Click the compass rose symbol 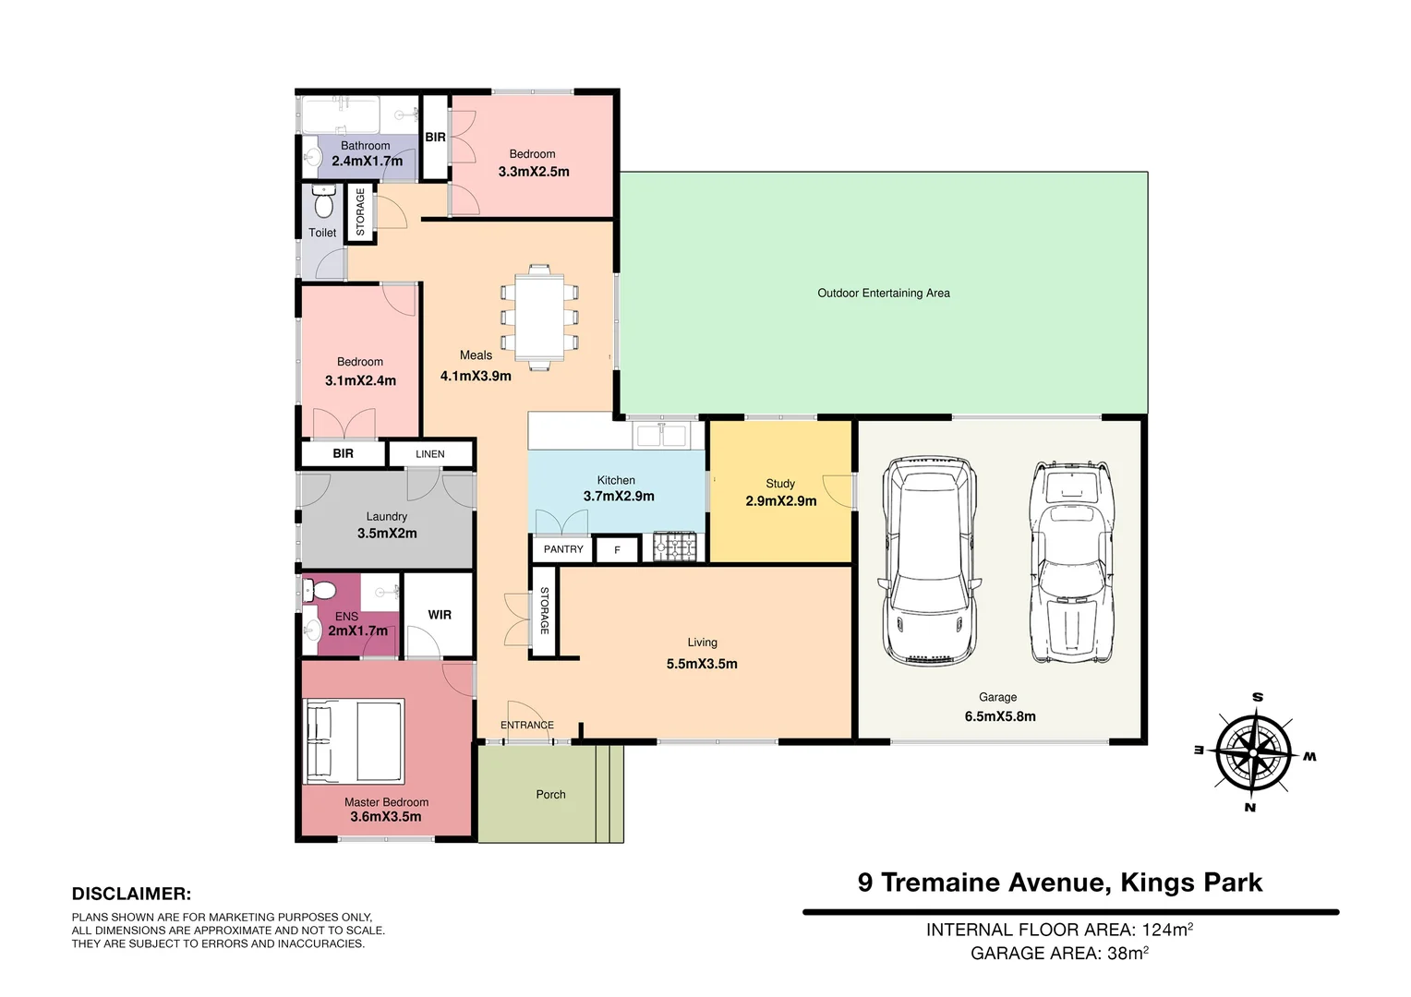click(x=1254, y=752)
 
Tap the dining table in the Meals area click(x=539, y=317)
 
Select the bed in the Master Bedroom click(x=356, y=741)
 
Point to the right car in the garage click(x=1071, y=560)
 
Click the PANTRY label click(x=563, y=549)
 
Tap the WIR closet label click(x=440, y=615)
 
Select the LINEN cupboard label click(x=430, y=454)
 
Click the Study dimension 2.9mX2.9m click(x=781, y=501)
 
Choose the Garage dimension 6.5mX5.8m click(x=1000, y=716)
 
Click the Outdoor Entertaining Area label click(x=884, y=294)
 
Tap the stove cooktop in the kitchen click(x=674, y=547)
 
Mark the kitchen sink click(x=660, y=435)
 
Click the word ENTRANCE click(x=527, y=726)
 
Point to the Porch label click(x=551, y=795)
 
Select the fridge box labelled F click(x=618, y=550)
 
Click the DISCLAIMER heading click(x=131, y=894)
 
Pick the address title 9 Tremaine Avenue click(x=1060, y=883)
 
